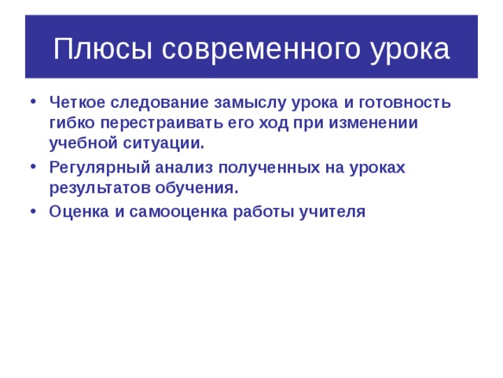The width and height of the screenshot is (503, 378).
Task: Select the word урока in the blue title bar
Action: point(409,49)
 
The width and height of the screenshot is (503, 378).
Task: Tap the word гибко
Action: point(71,123)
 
